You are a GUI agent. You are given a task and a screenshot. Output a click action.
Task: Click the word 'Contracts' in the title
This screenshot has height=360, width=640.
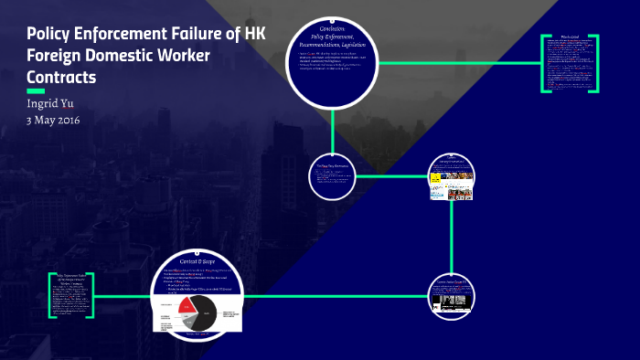pyautogui.click(x=61, y=77)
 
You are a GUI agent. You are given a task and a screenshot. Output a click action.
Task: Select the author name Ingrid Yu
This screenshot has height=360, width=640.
pyautogui.click(x=53, y=102)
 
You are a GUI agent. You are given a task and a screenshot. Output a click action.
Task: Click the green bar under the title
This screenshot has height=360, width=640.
pyautogui.click(x=36, y=91)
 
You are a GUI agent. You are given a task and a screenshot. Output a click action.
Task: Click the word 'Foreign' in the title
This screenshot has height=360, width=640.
pyautogui.click(x=59, y=56)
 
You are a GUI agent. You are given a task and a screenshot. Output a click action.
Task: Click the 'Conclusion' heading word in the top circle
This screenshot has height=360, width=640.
pyautogui.click(x=332, y=29)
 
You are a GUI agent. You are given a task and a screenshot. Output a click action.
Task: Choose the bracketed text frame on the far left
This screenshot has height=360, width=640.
pyautogui.click(x=71, y=295)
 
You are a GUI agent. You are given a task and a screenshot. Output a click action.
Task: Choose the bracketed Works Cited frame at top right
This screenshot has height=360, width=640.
pyautogui.click(x=569, y=63)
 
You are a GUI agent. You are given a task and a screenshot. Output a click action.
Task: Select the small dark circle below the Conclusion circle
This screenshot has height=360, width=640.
pyautogui.click(x=332, y=175)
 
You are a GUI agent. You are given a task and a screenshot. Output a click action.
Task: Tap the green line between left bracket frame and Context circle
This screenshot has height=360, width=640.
pyautogui.click(x=123, y=296)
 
